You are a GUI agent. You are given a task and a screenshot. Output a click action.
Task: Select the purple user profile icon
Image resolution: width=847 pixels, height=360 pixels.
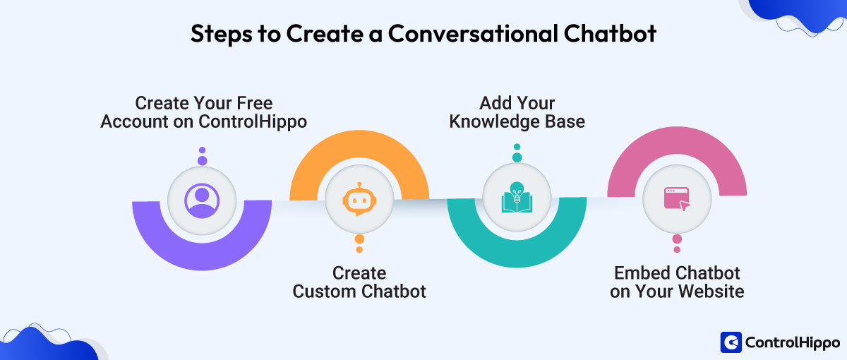click(x=202, y=200)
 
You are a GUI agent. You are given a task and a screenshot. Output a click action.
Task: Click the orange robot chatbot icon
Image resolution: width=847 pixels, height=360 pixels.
click(x=359, y=200)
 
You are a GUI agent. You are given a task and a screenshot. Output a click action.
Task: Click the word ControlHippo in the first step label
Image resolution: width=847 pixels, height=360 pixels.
click(x=253, y=121)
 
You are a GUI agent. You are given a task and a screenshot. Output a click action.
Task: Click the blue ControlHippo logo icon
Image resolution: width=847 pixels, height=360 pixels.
click(x=731, y=342)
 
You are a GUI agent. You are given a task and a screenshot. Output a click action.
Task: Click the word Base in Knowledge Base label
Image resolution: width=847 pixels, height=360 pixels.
click(x=564, y=121)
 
